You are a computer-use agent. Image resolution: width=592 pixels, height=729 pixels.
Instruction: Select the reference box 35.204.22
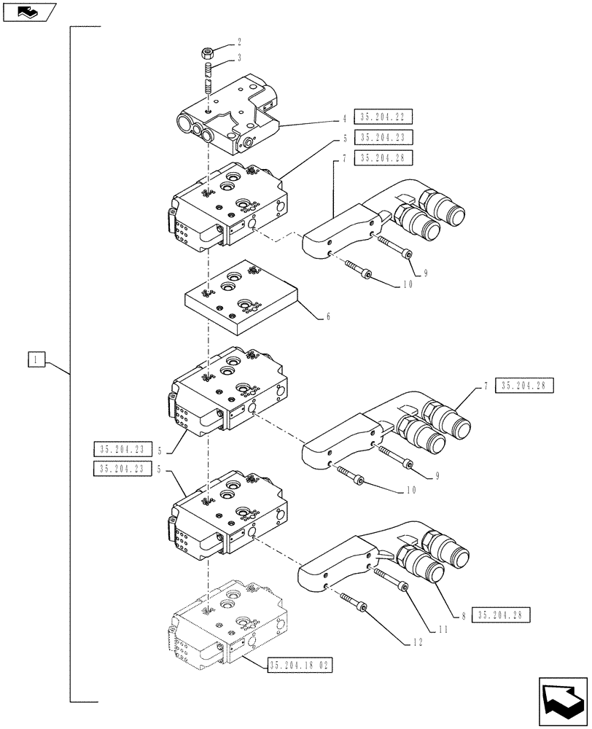382,117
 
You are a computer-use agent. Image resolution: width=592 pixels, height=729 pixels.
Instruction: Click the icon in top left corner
28,11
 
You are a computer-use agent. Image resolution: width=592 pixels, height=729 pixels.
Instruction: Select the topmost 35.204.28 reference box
382,157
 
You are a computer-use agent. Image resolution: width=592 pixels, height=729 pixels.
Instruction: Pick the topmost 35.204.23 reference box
382,137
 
